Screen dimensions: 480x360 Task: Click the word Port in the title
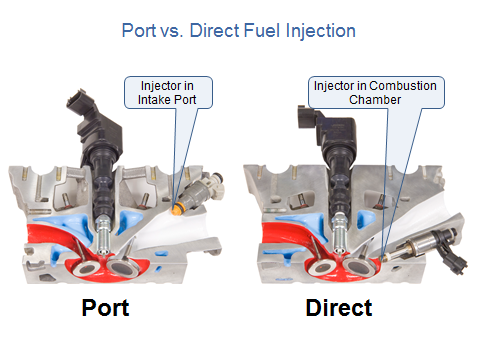[x=139, y=31]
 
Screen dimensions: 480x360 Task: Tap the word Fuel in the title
[x=261, y=31]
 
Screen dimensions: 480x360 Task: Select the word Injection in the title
[x=321, y=32]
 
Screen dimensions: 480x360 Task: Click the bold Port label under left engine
[x=105, y=308]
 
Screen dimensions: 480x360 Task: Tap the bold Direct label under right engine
[x=339, y=308]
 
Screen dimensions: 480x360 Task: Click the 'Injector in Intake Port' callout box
[x=168, y=93]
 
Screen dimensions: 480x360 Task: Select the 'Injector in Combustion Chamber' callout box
[x=376, y=93]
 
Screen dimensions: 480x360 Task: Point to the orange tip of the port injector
[x=176, y=208]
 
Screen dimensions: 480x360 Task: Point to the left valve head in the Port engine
[x=86, y=268]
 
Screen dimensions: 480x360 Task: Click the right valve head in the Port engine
[x=122, y=267]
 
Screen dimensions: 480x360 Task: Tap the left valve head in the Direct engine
[x=322, y=267]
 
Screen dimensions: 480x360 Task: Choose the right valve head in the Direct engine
[x=360, y=266]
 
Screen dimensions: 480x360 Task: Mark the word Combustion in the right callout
[x=403, y=86]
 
